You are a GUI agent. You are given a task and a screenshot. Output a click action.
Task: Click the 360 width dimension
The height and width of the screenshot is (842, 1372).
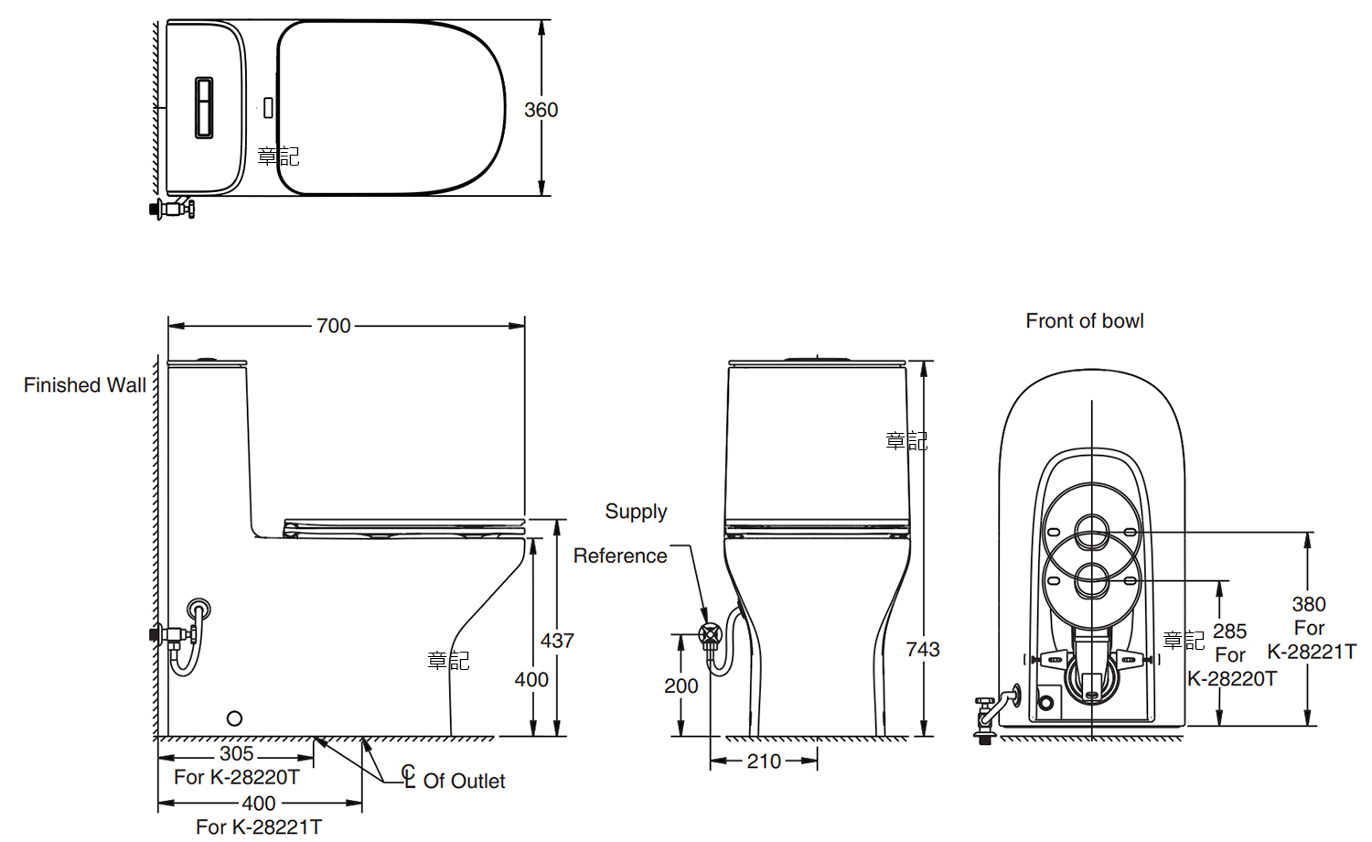coord(541,110)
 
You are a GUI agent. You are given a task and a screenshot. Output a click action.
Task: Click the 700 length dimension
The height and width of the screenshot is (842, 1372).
coord(334,326)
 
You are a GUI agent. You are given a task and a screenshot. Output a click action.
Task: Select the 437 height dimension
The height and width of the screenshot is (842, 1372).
coord(557,641)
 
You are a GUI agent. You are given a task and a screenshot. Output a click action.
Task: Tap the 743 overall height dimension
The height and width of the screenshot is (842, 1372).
coord(922,649)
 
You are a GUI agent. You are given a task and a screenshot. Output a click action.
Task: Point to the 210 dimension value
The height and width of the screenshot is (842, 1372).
coord(764,761)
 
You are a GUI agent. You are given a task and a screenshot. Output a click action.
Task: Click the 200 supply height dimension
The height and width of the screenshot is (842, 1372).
coord(681,685)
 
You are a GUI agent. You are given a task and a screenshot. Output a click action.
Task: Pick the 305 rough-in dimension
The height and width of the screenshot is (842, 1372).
coord(236,753)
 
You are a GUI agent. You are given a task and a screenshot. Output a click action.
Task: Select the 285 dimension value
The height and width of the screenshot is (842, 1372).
coord(1229,631)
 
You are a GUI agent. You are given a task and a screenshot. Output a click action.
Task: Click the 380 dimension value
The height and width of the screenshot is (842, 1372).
coord(1309,604)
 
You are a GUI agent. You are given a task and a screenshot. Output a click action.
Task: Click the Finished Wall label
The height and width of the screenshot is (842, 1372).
coord(85,385)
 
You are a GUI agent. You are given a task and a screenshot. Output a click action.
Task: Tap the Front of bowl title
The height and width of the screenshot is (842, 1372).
coord(1084,321)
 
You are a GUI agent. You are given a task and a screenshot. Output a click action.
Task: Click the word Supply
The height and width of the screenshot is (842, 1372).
coord(636,512)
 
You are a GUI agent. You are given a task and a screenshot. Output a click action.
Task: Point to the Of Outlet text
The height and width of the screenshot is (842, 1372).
coord(464,781)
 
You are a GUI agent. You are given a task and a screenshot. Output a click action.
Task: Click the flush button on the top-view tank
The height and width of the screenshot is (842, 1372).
coord(204,108)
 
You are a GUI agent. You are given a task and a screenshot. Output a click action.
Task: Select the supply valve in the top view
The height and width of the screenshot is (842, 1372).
coord(173,208)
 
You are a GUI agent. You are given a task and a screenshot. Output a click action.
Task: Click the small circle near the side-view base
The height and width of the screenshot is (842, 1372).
coord(234,718)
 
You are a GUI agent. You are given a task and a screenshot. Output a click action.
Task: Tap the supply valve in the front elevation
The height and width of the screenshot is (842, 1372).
coord(710,634)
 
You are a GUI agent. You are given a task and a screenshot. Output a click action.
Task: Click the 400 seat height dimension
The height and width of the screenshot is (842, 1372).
coord(531,680)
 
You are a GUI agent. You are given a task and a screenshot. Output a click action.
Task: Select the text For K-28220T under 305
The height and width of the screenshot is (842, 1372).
coord(237,777)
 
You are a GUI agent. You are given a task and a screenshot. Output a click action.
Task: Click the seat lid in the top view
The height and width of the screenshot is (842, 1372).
coord(391,108)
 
